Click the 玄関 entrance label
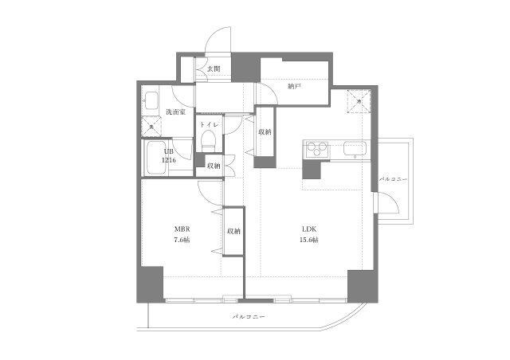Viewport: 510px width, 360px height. pos(214,69)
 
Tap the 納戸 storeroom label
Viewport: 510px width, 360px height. pos(295,85)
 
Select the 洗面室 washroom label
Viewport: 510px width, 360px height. pos(176,112)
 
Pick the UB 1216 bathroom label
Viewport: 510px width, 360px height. pos(168,156)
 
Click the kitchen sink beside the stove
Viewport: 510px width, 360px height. pos(354,149)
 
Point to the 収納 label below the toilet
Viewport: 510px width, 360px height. pos(214,166)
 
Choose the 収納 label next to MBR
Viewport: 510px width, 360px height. pos(233,231)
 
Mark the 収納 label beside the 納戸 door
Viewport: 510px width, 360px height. pos(265,131)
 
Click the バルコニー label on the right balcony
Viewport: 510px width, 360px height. pos(394,179)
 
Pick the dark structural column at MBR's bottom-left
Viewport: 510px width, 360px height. pos(149,284)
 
